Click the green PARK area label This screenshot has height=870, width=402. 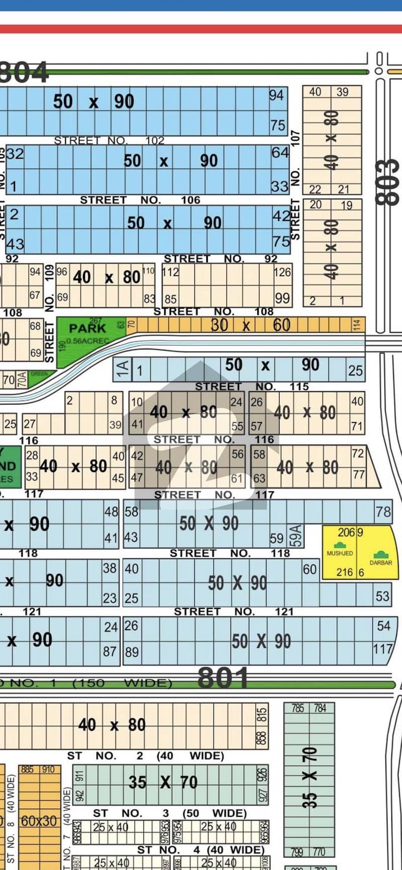87,328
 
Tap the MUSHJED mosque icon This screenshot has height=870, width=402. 340,545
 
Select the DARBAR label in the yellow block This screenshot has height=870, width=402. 380,562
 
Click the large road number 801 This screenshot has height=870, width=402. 223,679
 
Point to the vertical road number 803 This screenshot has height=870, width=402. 388,182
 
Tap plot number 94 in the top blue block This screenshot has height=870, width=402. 276,95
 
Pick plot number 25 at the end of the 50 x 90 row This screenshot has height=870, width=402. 355,370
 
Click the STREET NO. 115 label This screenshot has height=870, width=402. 251,386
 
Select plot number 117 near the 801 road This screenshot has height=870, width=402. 382,649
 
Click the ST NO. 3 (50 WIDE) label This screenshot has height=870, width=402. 169,813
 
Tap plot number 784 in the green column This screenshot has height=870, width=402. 320,708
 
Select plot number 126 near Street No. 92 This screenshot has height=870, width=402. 282,272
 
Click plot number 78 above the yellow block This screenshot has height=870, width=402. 383,512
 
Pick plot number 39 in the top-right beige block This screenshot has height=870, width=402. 342,92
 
